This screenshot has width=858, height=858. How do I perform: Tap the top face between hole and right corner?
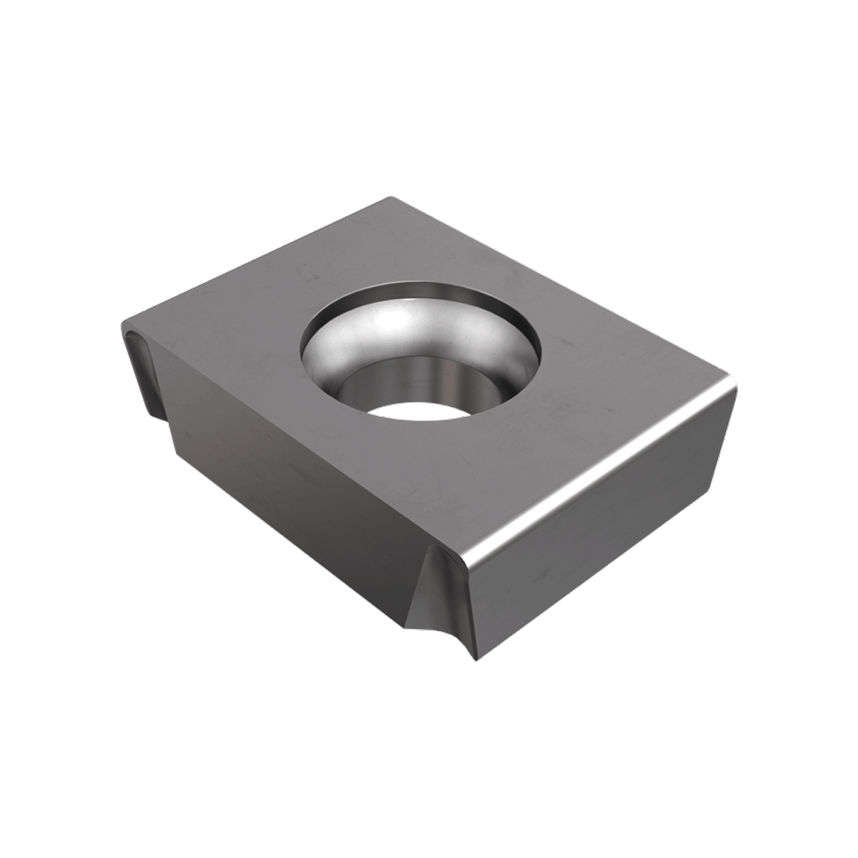(622, 375)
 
